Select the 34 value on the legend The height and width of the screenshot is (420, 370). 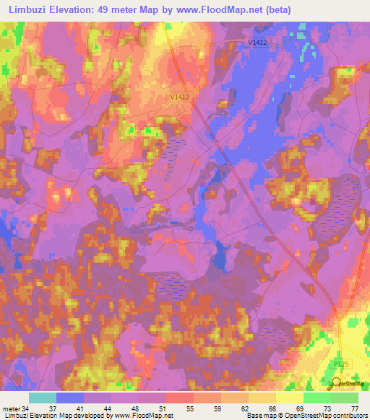tap(26, 408)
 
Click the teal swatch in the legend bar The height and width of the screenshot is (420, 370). tap(43, 398)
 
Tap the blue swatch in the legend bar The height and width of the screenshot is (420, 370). tap(70, 398)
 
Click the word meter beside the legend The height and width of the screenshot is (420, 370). tap(10, 408)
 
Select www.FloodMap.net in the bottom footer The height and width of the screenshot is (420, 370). tap(142, 416)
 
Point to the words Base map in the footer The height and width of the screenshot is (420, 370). tap(259, 416)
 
